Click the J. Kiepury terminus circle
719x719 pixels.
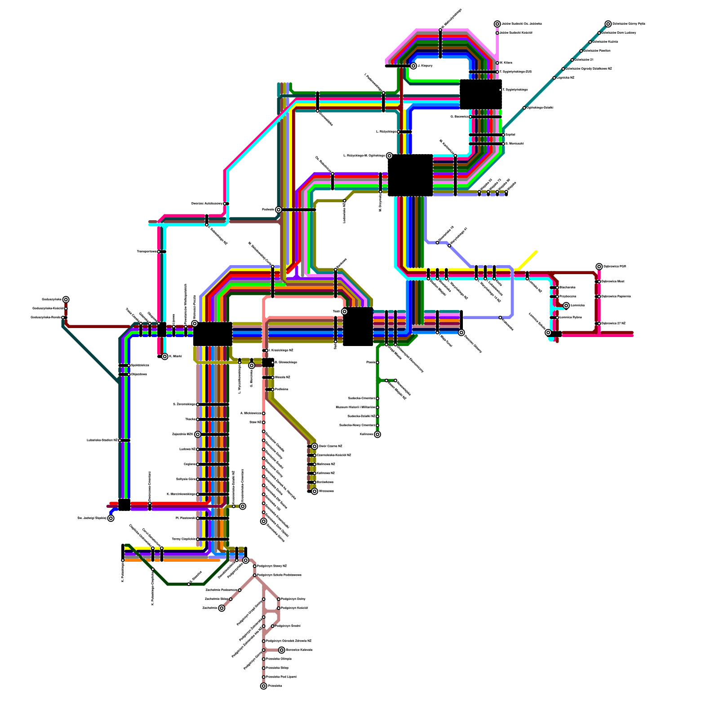[x=413, y=66]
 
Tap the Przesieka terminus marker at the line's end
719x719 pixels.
[x=264, y=686]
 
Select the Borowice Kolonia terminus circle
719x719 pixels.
[x=282, y=650]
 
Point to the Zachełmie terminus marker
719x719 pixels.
[x=222, y=608]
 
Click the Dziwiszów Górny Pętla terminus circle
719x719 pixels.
[x=608, y=24]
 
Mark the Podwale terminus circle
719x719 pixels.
[x=279, y=210]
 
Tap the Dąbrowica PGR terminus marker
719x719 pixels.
[x=599, y=266]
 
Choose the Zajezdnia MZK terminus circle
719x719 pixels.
[x=198, y=435]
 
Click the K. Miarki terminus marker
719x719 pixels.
[x=165, y=356]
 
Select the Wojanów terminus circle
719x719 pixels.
[x=315, y=491]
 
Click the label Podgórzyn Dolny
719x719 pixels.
[x=293, y=599]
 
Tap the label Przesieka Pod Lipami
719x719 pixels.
[x=281, y=677]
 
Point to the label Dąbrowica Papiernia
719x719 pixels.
[x=616, y=297]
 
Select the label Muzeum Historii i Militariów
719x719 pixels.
[x=355, y=408]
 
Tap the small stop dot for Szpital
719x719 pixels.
[x=503, y=135]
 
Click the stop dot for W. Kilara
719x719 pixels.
[x=497, y=63]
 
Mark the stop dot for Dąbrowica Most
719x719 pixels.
[x=599, y=282]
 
